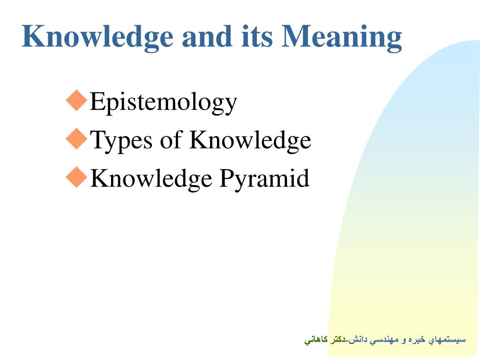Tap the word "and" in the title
tap(207, 36)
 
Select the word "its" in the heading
tap(256, 36)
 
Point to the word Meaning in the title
tap(342, 38)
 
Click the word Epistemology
tap(164, 103)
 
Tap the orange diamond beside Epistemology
tap(76, 100)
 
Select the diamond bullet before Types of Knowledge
tap(76, 139)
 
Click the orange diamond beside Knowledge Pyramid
tap(76, 177)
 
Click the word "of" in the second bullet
tap(172, 139)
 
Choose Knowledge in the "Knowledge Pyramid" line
tap(151, 180)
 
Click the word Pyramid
tap(264, 180)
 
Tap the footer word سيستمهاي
tap(447, 340)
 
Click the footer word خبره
tap(417, 340)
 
